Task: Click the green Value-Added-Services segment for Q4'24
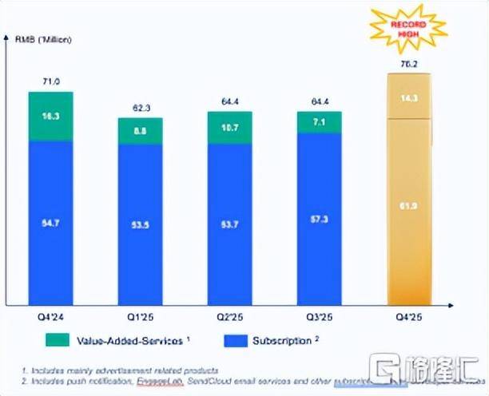pos(50,117)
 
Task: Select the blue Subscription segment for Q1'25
pos(140,224)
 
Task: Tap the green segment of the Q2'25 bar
pos(229,127)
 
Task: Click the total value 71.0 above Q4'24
pos(50,81)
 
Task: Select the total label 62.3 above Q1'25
pos(140,107)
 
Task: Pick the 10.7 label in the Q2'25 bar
pos(229,127)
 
